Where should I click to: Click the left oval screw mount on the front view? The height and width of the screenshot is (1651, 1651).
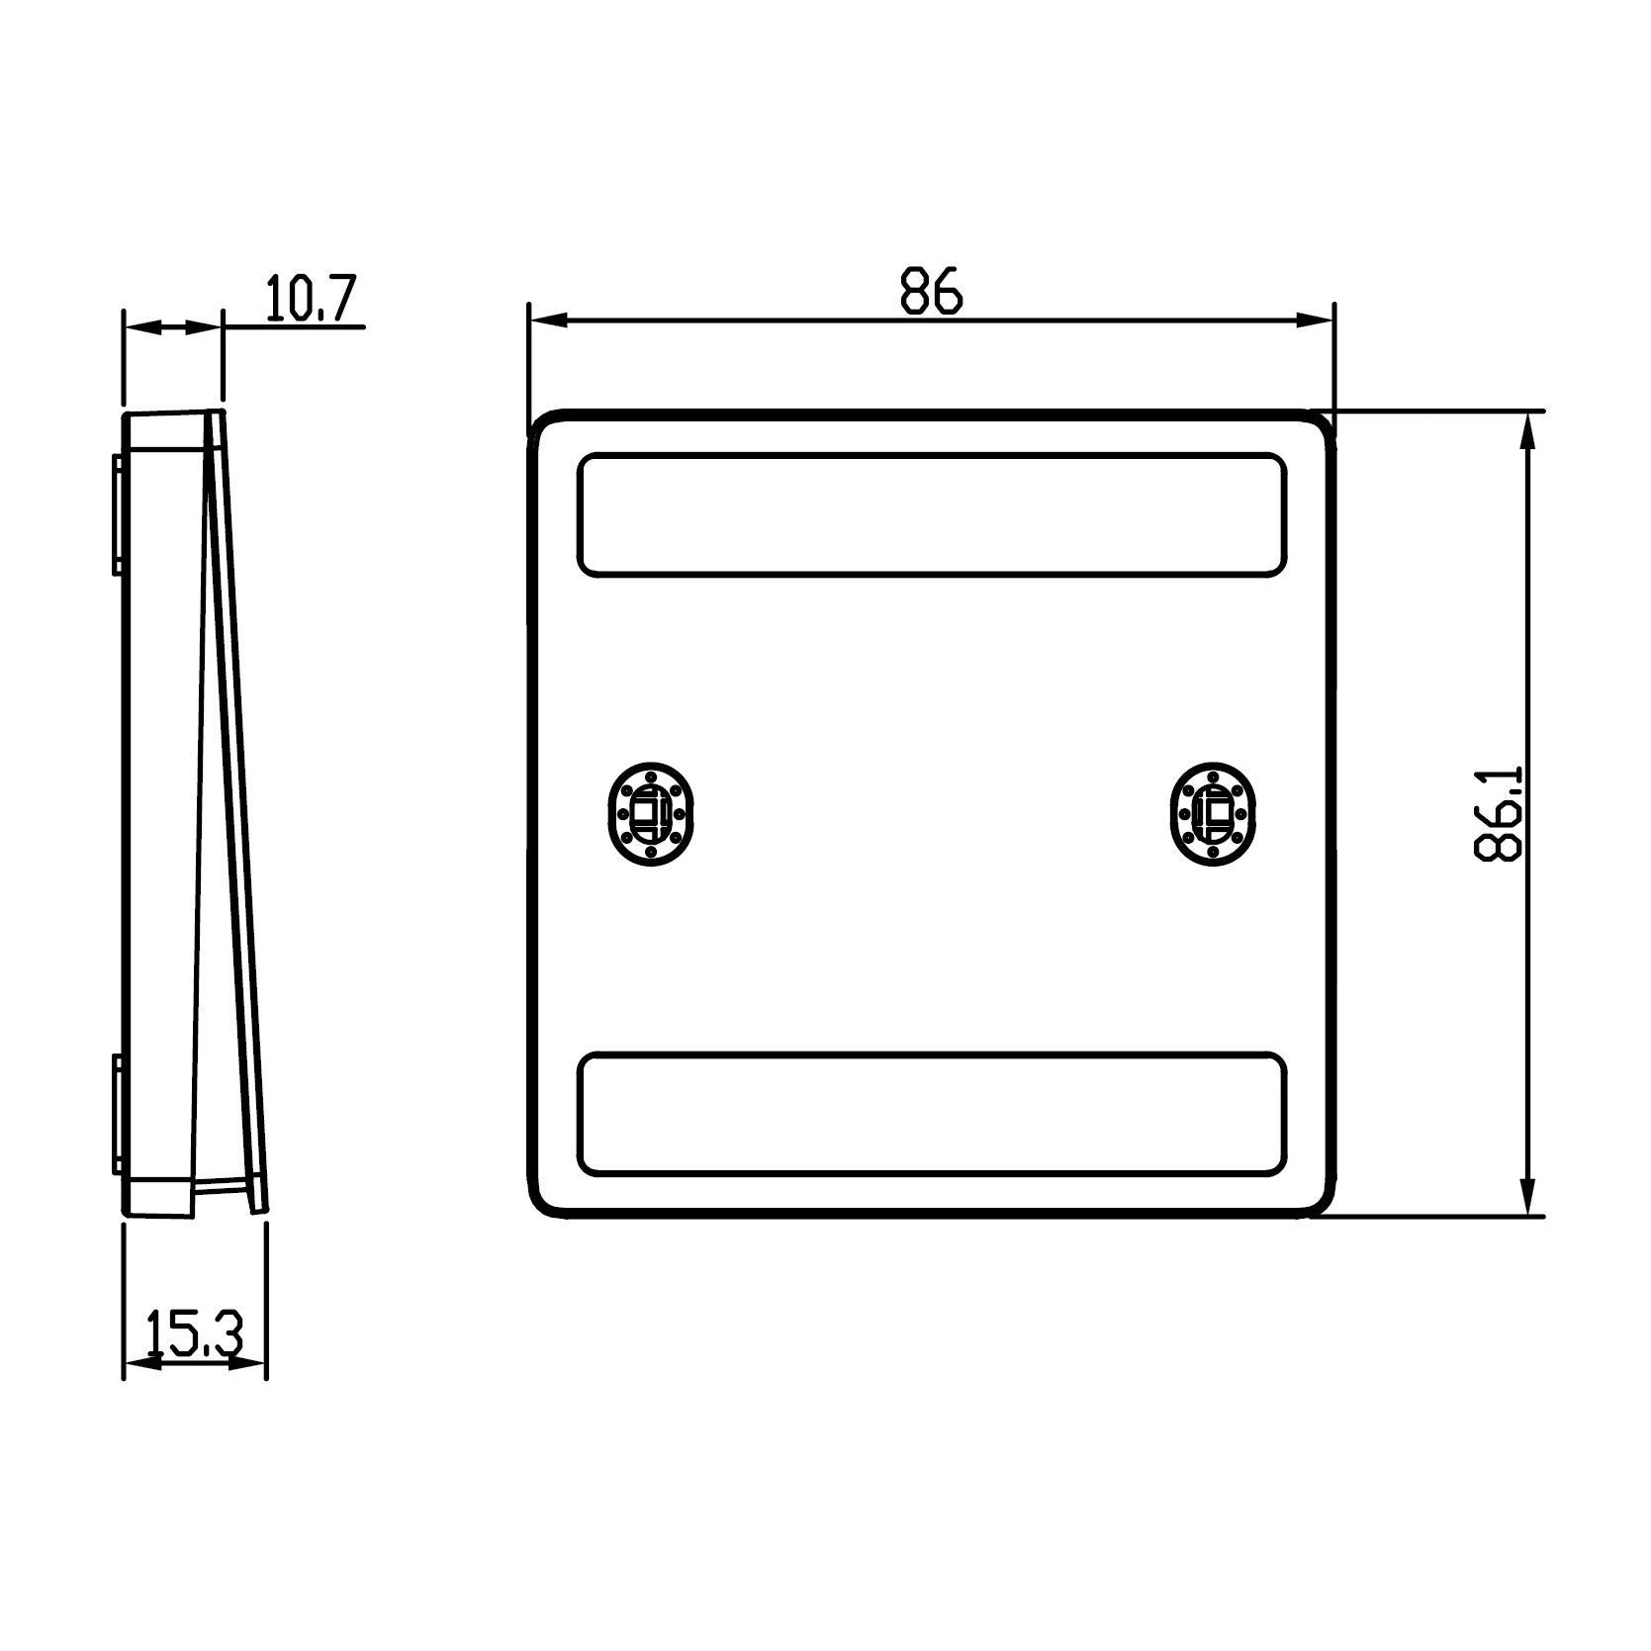pyautogui.click(x=650, y=813)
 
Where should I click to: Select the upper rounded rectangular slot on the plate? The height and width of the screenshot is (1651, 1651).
pyautogui.click(x=931, y=514)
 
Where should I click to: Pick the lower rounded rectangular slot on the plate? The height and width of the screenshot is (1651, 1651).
pyautogui.click(x=931, y=1114)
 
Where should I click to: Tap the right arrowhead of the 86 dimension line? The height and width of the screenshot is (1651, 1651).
pyautogui.click(x=1314, y=320)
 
